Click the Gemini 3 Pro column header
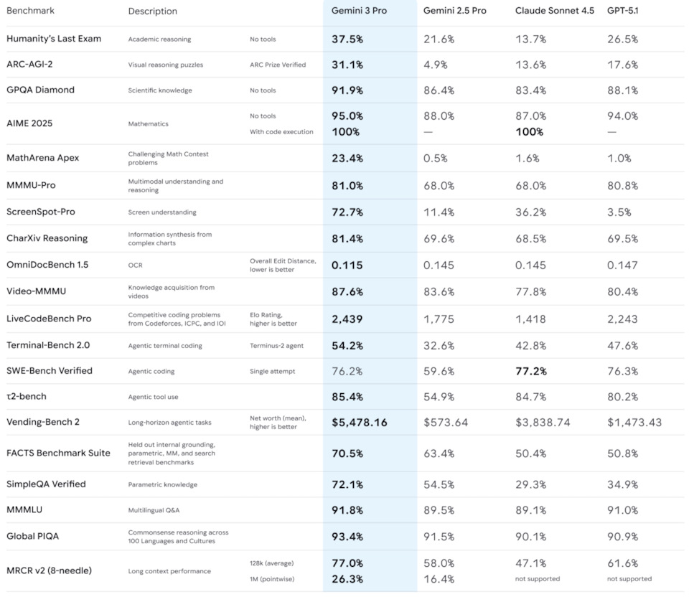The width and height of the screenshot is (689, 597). coord(359,11)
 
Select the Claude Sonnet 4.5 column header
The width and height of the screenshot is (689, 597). coord(555,11)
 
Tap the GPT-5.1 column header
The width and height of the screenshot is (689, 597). coord(623,11)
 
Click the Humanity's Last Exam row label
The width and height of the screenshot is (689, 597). coord(54,39)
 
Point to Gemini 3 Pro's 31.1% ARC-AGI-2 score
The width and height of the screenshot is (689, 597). coord(347,65)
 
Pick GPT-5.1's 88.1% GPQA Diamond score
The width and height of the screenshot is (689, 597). coord(623,90)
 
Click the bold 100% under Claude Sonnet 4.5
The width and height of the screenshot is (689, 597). coord(530,132)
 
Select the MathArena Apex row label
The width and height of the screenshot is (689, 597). coord(42,158)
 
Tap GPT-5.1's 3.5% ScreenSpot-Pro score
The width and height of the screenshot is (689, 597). coord(619,212)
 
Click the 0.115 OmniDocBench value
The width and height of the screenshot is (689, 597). coord(347,265)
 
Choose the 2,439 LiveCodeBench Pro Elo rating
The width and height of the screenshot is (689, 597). coord(347,319)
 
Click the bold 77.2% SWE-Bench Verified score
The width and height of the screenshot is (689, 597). coord(531,371)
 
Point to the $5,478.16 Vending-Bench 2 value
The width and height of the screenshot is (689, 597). coord(360,422)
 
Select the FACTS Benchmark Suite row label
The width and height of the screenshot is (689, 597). coord(58,453)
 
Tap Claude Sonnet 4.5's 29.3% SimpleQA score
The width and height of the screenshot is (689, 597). coord(531,484)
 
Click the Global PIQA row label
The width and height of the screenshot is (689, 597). coord(32,536)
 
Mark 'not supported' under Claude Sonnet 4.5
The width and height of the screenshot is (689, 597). coord(538,579)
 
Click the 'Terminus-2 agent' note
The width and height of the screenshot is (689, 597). coord(276,346)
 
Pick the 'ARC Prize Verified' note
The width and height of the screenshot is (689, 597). coord(278,65)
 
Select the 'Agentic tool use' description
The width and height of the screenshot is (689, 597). coord(153,397)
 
